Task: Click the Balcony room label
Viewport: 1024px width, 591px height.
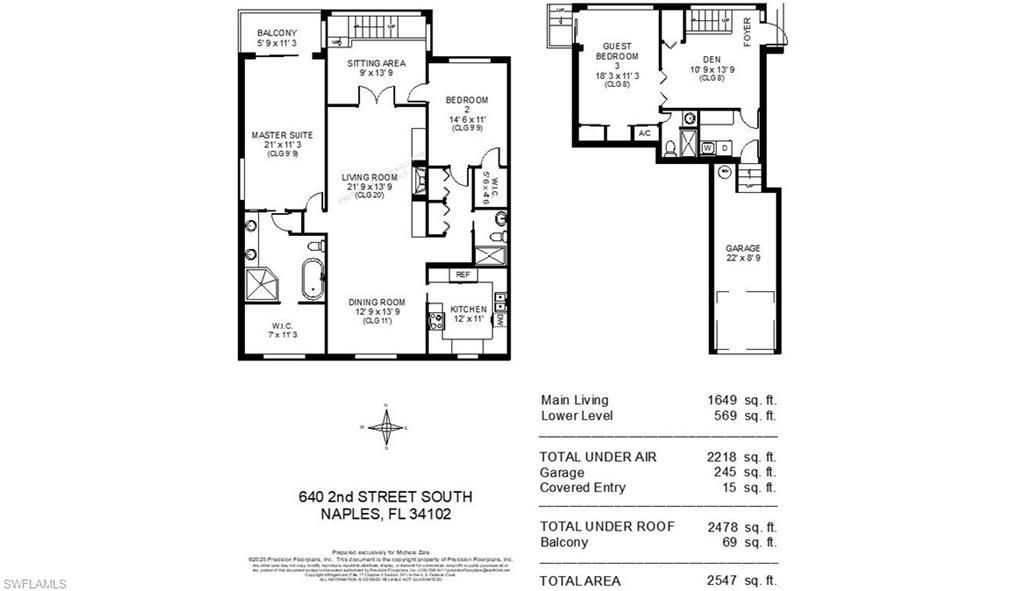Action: pyautogui.click(x=277, y=32)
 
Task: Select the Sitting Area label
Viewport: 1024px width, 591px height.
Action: pyautogui.click(x=376, y=63)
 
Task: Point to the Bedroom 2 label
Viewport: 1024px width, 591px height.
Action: pyautogui.click(x=466, y=100)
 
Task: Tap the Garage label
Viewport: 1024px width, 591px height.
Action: pyautogui.click(x=743, y=248)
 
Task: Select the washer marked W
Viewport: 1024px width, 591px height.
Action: pyautogui.click(x=708, y=148)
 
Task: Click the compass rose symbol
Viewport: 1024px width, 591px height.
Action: pyautogui.click(x=385, y=427)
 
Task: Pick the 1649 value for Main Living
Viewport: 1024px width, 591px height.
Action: pyautogui.click(x=722, y=400)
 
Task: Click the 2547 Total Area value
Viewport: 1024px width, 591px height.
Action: pyautogui.click(x=722, y=581)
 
